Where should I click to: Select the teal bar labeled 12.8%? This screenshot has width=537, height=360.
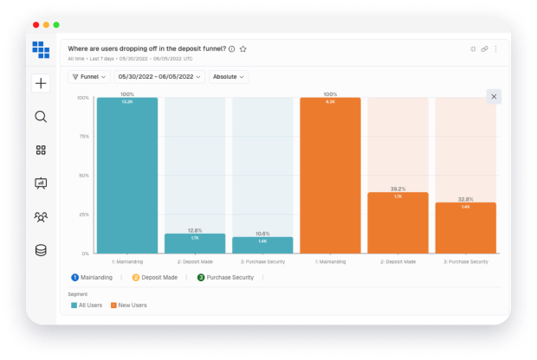coord(195,243)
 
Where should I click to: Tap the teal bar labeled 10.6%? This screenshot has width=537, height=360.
coord(262,245)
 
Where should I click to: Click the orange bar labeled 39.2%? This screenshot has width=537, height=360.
coord(398,222)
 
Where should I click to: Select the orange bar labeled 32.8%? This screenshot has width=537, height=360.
coord(465,228)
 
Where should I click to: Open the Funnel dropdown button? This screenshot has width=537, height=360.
coord(89,77)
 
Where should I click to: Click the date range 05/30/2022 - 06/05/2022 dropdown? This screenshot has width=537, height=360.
coord(159,77)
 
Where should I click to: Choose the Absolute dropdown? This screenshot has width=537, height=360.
coord(228,77)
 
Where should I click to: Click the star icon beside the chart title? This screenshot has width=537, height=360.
coord(243,49)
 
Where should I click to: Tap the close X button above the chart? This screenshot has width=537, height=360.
coord(494,96)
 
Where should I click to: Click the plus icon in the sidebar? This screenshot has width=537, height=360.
coord(41,84)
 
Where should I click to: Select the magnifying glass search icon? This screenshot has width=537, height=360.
coord(41,117)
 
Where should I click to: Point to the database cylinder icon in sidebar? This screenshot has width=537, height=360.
coord(41,250)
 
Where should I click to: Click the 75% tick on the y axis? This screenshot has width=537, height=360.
coord(84,137)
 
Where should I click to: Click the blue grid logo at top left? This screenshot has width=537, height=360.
coord(41,49)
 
